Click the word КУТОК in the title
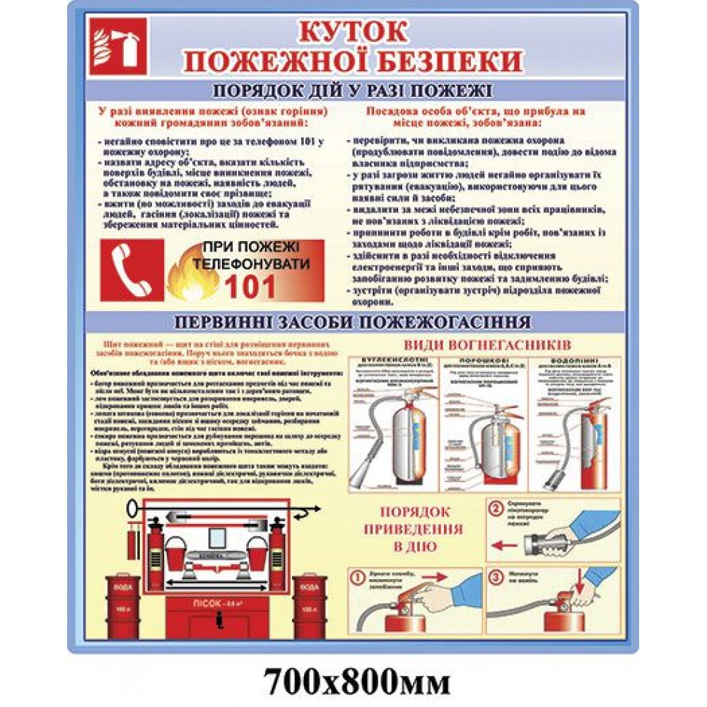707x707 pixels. click(x=351, y=32)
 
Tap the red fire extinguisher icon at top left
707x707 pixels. click(x=119, y=46)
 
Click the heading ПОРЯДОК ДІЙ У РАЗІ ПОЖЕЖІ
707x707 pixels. click(x=352, y=91)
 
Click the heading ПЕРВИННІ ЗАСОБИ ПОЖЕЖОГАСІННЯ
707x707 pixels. click(x=352, y=322)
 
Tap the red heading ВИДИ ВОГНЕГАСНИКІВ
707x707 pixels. click(x=484, y=345)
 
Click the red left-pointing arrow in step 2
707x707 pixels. click(x=503, y=545)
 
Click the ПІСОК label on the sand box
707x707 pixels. click(x=209, y=603)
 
